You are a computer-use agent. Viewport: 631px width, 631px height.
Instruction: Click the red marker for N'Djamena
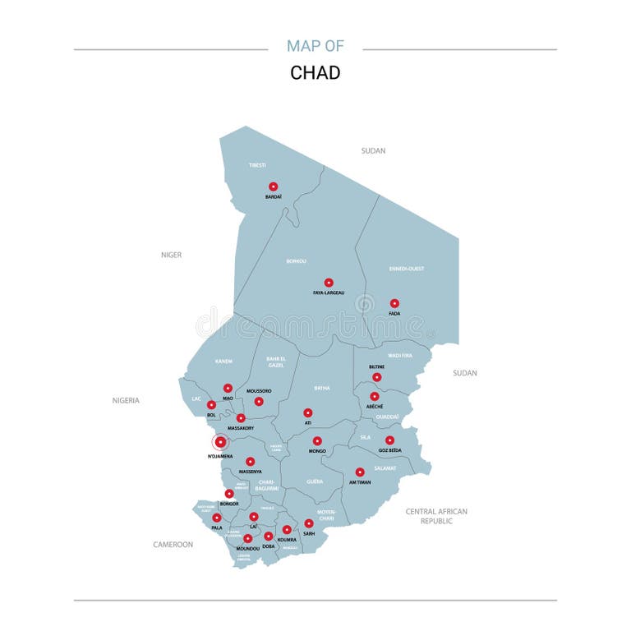[x=220, y=442]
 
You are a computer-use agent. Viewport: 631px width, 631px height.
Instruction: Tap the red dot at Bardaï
[x=274, y=187]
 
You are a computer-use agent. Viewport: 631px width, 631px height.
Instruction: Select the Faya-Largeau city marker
[x=329, y=283]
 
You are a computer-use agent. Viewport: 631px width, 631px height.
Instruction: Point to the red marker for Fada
[x=394, y=303]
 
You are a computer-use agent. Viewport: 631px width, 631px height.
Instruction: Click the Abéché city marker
[x=375, y=396]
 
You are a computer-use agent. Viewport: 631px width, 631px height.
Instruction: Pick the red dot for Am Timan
[x=360, y=472]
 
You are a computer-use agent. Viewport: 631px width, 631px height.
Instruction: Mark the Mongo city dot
[x=317, y=441]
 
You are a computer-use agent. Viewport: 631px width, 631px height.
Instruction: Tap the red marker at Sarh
[x=309, y=523]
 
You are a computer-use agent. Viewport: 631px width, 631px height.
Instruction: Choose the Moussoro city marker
[x=259, y=402]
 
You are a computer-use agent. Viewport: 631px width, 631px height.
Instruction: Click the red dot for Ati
[x=308, y=413]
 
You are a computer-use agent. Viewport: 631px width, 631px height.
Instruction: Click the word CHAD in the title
[x=315, y=72]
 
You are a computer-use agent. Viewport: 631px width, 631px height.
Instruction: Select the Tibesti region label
[x=257, y=165]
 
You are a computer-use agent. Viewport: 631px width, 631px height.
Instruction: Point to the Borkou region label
[x=296, y=261]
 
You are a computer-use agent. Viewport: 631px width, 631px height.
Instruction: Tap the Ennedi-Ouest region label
[x=407, y=269]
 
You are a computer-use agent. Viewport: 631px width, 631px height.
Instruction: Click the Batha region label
[x=322, y=388]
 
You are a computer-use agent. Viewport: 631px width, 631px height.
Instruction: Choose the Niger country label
[x=171, y=255]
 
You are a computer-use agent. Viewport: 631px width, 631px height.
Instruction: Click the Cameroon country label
[x=173, y=544]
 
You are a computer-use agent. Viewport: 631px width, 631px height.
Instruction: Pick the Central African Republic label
[x=436, y=516]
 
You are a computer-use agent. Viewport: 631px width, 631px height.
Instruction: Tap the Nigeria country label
[x=126, y=400]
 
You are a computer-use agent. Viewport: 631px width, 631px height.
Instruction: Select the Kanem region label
[x=223, y=362]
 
